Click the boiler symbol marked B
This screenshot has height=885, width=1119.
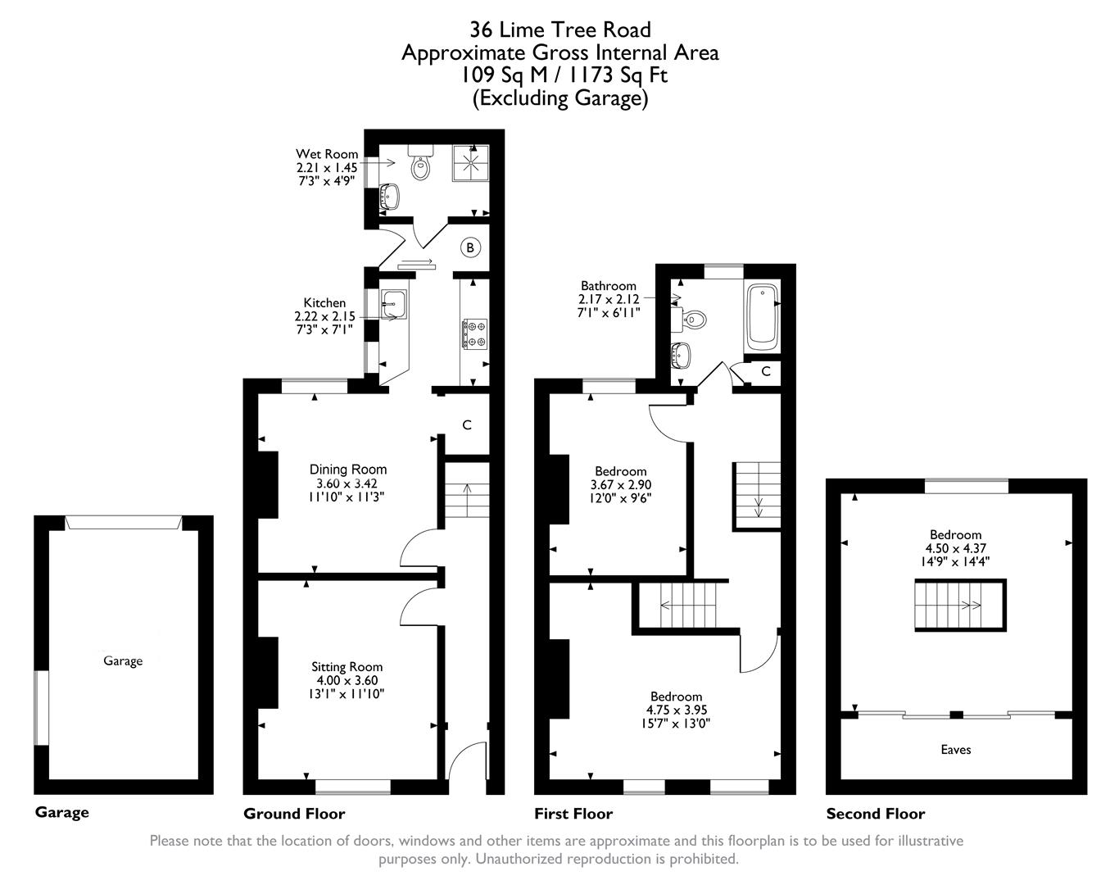click(x=470, y=247)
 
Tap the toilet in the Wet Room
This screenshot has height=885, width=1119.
click(x=422, y=166)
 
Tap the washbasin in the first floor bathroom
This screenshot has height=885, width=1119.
click(x=681, y=354)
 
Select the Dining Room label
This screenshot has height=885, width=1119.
click(x=347, y=470)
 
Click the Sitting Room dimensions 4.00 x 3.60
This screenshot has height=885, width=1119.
click(x=347, y=680)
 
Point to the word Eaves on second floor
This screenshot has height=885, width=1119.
click(x=956, y=749)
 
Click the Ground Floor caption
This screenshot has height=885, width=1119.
click(x=294, y=814)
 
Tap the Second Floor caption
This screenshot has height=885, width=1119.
click(x=875, y=814)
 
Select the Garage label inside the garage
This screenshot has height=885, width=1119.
click(x=123, y=660)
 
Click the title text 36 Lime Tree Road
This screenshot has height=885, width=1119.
click(x=560, y=30)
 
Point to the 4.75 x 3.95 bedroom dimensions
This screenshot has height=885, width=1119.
click(x=677, y=710)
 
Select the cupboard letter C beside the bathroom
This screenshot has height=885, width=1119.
click(x=765, y=371)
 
